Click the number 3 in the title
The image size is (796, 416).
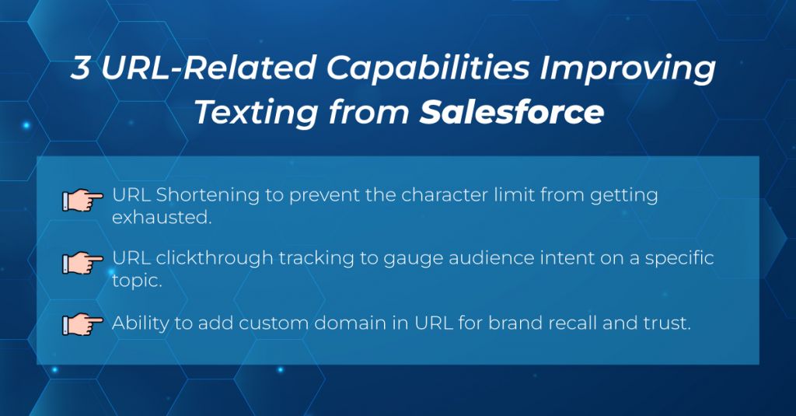(81, 70)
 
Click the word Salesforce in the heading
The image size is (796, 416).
(511, 113)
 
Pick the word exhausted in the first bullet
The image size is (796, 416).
(161, 218)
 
